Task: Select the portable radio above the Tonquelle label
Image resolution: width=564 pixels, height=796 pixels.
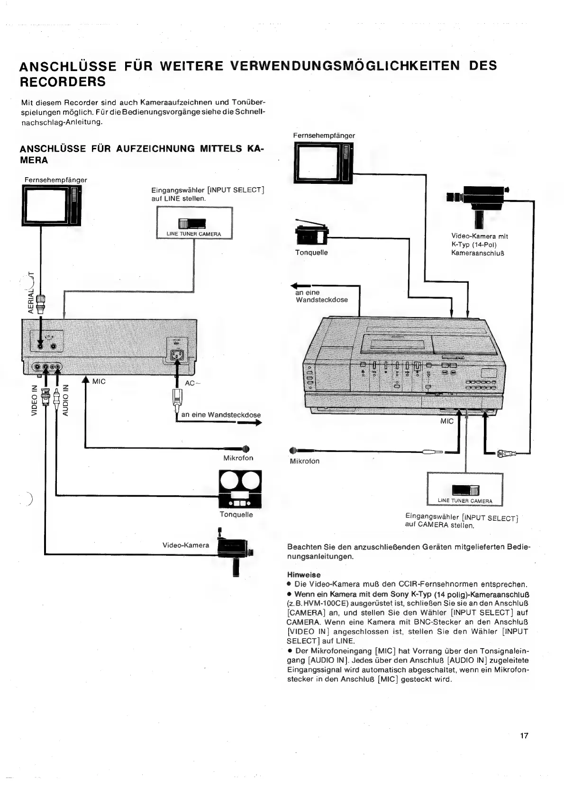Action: click(x=310, y=234)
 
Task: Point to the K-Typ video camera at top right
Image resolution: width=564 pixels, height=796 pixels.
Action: click(x=478, y=199)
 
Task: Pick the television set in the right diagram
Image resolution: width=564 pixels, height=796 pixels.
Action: click(x=323, y=163)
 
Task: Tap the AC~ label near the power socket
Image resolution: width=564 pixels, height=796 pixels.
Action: click(x=190, y=383)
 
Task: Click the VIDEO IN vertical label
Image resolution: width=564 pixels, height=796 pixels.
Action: click(x=34, y=400)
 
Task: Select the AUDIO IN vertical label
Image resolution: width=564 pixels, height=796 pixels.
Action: click(x=66, y=399)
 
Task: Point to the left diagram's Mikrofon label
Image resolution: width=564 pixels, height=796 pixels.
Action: click(x=238, y=458)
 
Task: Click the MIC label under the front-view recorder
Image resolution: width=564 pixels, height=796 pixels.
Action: click(x=446, y=421)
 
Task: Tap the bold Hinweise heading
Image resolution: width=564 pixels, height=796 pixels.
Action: click(x=304, y=575)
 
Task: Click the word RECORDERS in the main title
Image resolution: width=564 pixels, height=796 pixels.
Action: click(x=63, y=81)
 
